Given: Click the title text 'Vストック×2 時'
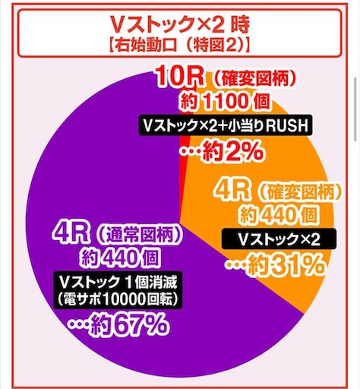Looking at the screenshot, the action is [x=180, y=24].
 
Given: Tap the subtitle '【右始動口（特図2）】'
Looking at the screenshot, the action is [x=180, y=46].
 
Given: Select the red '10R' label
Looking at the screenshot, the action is [x=179, y=77].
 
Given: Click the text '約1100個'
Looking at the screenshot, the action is [x=225, y=101].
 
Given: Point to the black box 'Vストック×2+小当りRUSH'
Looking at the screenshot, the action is [x=226, y=126].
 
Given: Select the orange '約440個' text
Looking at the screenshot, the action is [x=279, y=216].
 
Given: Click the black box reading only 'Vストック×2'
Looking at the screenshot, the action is [x=279, y=239].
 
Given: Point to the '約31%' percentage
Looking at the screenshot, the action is [x=275, y=264].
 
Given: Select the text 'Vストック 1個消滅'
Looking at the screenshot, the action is [x=118, y=281].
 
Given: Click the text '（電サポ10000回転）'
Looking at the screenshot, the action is [x=118, y=299].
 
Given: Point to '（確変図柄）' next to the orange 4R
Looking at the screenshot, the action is [x=298, y=193].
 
